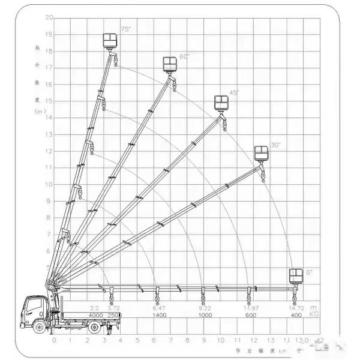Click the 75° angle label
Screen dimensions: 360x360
(x=125, y=28)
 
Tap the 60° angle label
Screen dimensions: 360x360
(x=184, y=56)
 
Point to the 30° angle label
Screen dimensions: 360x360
(x=275, y=145)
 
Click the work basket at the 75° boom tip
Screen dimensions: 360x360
(x=110, y=41)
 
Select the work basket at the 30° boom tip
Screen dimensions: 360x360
(x=261, y=154)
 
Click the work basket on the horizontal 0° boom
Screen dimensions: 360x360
(x=295, y=275)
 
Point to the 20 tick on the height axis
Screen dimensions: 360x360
(x=49, y=17)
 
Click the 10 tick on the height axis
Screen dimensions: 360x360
(x=49, y=184)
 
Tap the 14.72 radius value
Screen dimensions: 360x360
(x=296, y=308)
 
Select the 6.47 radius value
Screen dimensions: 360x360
(x=158, y=308)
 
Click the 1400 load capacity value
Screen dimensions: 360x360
(x=158, y=315)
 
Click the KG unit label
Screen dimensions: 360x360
(x=313, y=314)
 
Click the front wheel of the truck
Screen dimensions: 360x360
(x=40, y=328)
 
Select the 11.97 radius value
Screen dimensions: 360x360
(x=250, y=308)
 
